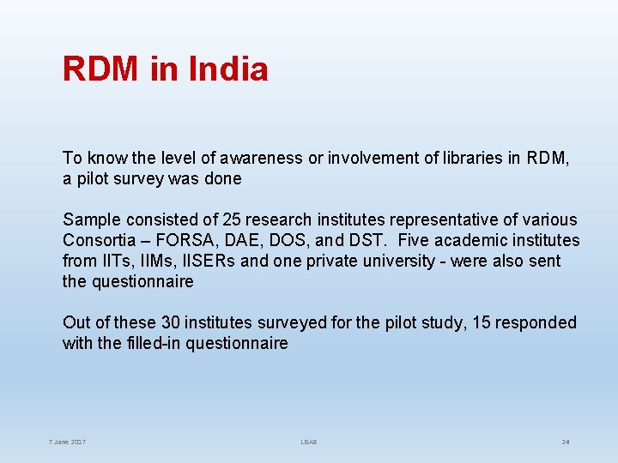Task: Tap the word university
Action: pos(396,261)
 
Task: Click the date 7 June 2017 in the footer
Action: pos(68,442)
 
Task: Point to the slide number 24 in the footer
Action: pos(566,442)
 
